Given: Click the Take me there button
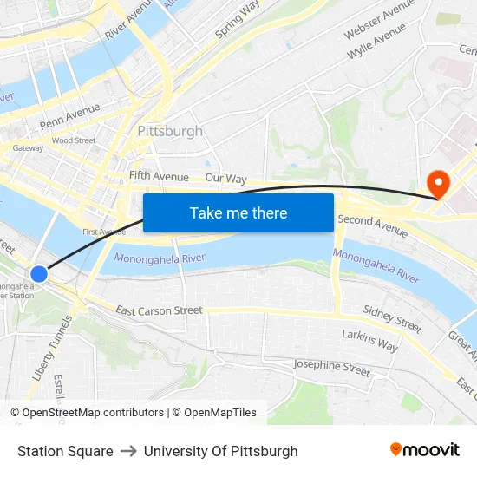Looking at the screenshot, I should point(238,212).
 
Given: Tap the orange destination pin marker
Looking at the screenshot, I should point(439,183).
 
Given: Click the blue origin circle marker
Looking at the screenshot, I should point(38,274).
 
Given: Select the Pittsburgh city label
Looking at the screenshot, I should point(170,132).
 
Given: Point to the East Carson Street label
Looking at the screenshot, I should point(159,310).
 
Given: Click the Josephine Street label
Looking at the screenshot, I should point(332,368).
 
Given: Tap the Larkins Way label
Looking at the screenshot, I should point(369,340).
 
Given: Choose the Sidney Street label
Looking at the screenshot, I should point(392,318).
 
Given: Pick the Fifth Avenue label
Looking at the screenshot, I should point(159,176).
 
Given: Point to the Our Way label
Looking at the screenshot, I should point(225,179).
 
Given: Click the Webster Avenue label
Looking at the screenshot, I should point(380,19).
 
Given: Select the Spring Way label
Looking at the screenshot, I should point(237,20).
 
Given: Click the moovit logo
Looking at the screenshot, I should point(425,450).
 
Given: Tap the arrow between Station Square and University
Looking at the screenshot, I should point(128,451).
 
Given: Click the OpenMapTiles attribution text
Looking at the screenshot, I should point(214,413).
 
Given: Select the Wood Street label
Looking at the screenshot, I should point(74,140).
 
